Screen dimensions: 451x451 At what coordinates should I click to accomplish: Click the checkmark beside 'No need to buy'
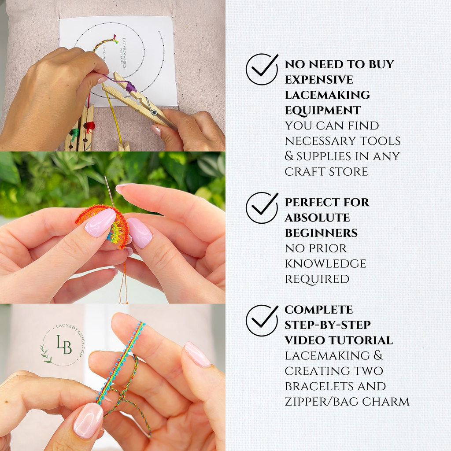(x=262, y=69)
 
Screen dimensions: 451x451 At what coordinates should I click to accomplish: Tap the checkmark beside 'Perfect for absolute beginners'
(x=262, y=208)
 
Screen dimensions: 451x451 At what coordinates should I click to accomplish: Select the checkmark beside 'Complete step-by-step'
(x=262, y=321)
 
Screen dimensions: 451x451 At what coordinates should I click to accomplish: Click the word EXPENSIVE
(x=319, y=80)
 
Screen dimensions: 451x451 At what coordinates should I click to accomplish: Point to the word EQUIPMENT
(x=323, y=110)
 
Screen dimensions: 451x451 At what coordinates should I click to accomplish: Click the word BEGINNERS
(x=321, y=233)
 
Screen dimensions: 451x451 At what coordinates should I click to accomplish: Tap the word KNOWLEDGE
(x=325, y=263)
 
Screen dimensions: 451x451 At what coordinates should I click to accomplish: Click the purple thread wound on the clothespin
(x=131, y=86)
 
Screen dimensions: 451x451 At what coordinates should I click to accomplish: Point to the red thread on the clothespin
(x=89, y=127)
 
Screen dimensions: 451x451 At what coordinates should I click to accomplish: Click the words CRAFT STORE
(x=326, y=172)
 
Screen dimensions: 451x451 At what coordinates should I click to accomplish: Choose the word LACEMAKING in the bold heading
(x=327, y=95)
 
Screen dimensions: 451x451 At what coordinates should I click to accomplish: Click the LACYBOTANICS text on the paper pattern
(x=124, y=53)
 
